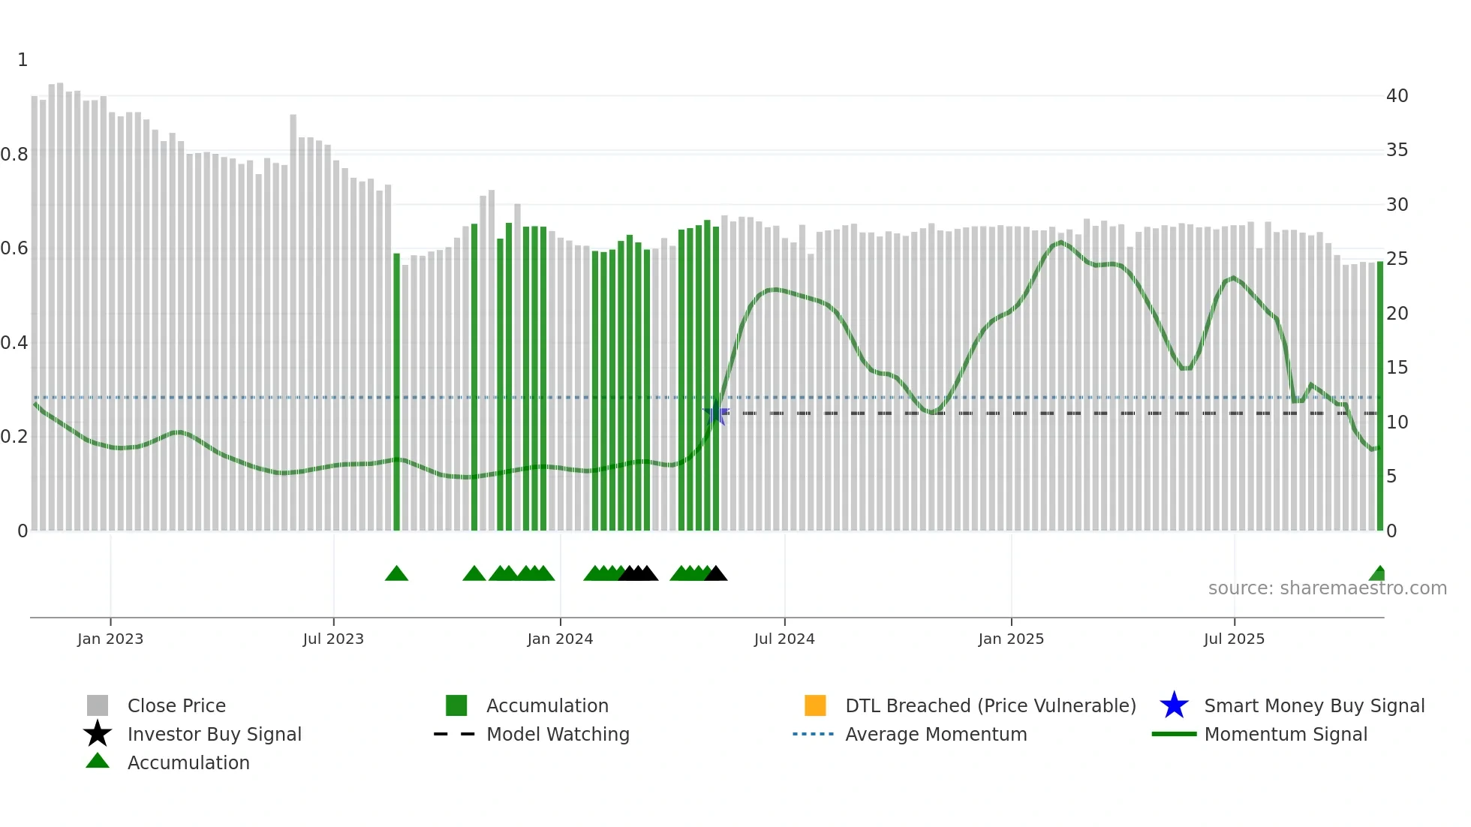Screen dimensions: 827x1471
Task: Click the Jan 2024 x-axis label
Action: click(560, 639)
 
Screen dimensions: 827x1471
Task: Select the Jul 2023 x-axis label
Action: click(333, 639)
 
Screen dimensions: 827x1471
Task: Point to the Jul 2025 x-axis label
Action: click(1234, 639)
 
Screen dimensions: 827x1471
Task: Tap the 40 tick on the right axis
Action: click(1397, 95)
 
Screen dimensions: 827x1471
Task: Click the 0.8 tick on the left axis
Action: click(14, 155)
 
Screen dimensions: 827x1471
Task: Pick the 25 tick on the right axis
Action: click(1397, 259)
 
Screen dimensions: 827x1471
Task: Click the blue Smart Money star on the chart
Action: click(716, 413)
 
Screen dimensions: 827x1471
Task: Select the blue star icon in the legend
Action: click(1174, 705)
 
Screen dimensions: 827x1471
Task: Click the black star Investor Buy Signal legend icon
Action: click(98, 734)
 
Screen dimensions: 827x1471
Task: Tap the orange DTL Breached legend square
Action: click(815, 705)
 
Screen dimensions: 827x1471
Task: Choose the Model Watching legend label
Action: click(558, 734)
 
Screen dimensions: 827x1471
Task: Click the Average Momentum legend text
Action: click(936, 734)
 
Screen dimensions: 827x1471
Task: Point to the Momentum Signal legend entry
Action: click(1286, 734)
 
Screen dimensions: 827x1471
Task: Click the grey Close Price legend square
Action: click(98, 705)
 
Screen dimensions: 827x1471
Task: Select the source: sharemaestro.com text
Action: click(1327, 588)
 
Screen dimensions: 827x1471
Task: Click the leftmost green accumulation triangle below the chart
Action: click(396, 574)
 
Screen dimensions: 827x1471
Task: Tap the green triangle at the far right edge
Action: click(1378, 574)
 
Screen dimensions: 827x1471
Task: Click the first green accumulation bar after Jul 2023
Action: click(397, 390)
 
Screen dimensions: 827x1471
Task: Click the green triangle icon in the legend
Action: click(98, 761)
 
